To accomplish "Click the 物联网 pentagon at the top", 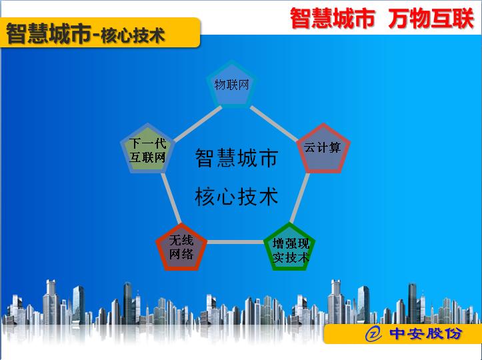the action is point(231,85).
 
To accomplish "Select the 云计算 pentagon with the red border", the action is point(323,149).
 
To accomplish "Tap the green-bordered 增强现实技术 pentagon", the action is point(289,248).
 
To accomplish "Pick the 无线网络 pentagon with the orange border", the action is point(181,248).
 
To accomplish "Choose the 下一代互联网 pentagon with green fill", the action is point(148,149).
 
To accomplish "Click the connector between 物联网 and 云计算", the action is point(273,123).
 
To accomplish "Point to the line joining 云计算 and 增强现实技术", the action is point(299,198).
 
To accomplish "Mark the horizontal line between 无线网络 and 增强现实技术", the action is point(235,242).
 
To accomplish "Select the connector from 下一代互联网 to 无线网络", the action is point(171,198).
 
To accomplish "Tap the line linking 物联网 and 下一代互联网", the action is point(197,123).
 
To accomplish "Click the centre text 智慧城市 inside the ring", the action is point(237,158).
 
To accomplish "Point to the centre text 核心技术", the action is point(237,197).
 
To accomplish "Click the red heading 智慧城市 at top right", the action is point(332,19).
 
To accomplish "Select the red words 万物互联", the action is point(431,19).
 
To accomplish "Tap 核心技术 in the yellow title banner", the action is point(133,35).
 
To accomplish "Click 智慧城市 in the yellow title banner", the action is point(49,33).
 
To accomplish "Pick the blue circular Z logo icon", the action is point(373,333).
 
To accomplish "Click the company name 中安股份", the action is point(426,333).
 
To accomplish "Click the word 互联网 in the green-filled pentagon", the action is point(147,157).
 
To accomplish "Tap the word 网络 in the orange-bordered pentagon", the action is point(181,254).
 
